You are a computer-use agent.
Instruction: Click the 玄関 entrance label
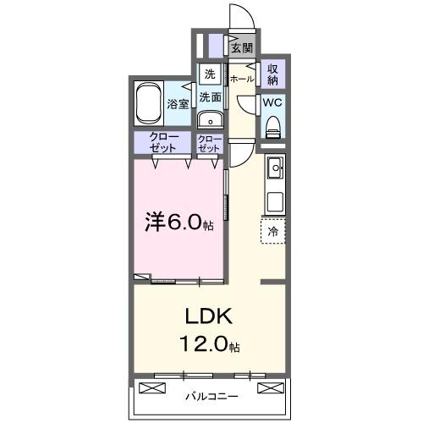click(242, 48)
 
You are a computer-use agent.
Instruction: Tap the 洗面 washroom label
click(210, 97)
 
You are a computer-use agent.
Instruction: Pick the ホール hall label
click(241, 79)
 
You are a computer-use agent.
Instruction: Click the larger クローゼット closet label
click(163, 142)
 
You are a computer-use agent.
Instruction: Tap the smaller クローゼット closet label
click(209, 142)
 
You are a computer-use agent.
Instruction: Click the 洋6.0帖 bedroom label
click(177, 222)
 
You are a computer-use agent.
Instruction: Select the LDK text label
click(203, 318)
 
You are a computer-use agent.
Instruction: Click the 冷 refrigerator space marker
click(273, 229)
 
